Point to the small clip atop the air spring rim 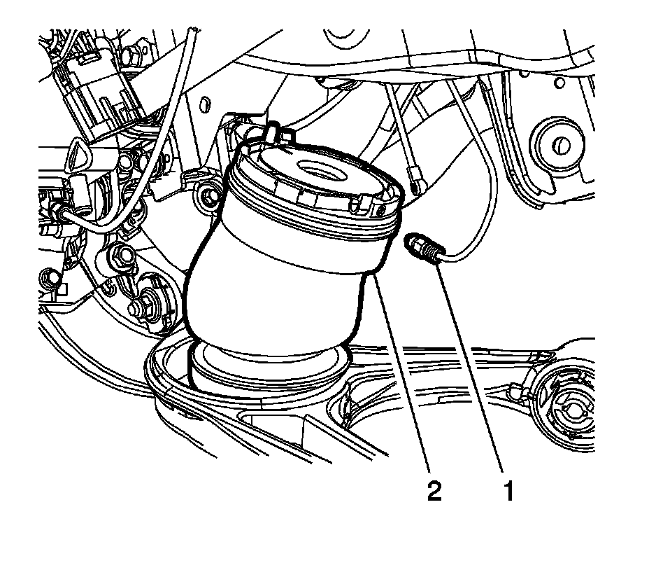271,131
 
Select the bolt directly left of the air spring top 207,197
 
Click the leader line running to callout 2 406,378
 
